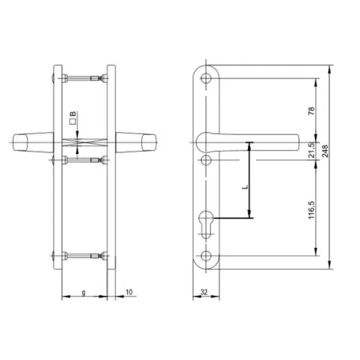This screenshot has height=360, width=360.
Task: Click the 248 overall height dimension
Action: (325, 151)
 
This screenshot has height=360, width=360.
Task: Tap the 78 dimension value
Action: (311, 111)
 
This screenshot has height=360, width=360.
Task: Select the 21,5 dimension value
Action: (312, 150)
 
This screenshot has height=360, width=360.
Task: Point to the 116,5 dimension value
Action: (311, 210)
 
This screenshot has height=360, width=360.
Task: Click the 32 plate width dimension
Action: (204, 292)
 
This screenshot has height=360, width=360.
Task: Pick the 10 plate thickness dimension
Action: (129, 292)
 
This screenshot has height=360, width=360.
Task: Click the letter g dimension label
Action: (84, 292)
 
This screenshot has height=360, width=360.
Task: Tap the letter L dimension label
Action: (246, 187)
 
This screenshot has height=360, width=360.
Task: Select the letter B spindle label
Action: (73, 114)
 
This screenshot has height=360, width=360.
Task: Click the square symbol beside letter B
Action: (73, 122)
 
